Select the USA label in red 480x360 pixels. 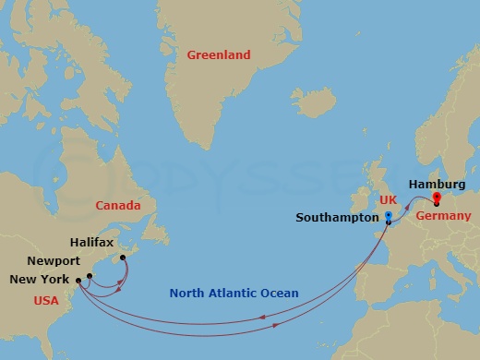click(46, 300)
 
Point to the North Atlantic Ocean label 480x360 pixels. click(234, 294)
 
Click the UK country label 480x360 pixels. click(390, 199)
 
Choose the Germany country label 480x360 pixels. click(443, 216)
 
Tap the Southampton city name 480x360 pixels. click(337, 218)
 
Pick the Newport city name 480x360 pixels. click(54, 261)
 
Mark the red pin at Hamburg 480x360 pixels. click(437, 196)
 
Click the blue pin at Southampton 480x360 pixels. click(389, 218)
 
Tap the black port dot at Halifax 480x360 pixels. click(123, 258)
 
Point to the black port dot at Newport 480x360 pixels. click(90, 275)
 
